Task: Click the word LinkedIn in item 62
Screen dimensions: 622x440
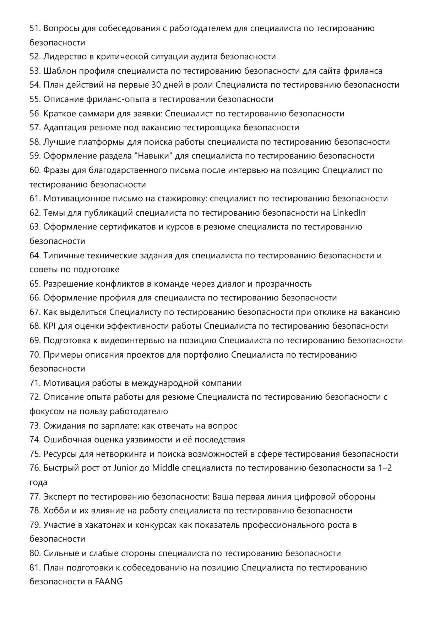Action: pos(349,213)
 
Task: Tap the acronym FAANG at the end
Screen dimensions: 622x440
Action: pos(109,582)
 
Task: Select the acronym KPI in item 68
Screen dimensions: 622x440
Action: pos(49,326)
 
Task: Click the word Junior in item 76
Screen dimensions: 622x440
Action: pos(125,468)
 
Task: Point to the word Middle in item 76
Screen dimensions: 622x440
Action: pos(165,468)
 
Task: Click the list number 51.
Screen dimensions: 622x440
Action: pos(35,28)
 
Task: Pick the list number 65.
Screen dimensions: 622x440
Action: pos(35,284)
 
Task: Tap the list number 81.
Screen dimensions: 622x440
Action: pos(35,568)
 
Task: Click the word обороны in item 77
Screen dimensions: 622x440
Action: pos(358,497)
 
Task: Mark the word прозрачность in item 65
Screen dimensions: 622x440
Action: pos(283,284)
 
